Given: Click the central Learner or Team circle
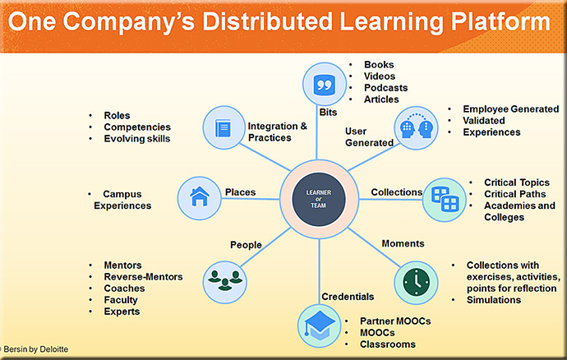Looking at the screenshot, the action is coord(319,199).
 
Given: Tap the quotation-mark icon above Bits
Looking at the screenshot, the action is coord(324,85).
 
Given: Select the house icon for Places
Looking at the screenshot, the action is coord(199,198).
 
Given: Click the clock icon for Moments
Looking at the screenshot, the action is coord(416,283).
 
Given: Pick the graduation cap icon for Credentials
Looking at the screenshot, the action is coord(320,325).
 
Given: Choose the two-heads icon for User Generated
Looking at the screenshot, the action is coord(416,127).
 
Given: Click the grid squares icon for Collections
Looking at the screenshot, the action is coord(445,200).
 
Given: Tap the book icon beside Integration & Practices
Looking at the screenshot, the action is coord(224,127).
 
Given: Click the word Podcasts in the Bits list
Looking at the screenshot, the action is coord(386,88).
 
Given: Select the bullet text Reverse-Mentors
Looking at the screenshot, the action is coord(143,277).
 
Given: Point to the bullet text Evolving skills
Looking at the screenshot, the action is coord(137,139).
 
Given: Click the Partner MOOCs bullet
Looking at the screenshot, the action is coord(395,321).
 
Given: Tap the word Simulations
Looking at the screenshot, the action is coord(494,300).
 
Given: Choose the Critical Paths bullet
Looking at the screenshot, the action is coord(515,194).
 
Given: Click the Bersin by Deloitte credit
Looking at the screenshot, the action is coord(35,349).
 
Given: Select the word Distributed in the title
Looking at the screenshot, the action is coord(267,21).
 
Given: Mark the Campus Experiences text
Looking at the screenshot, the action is coord(122,200).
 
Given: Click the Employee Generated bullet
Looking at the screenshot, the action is coord(511,109).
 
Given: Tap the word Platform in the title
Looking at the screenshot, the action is coord(500,21).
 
